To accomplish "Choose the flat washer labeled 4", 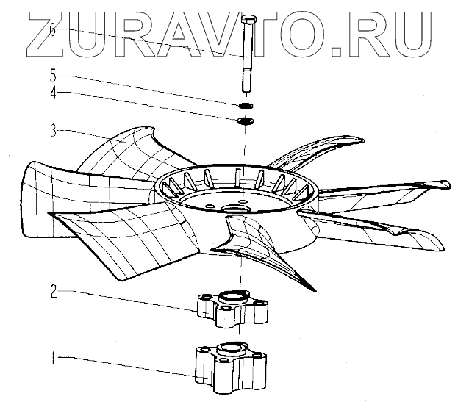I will click(246, 121).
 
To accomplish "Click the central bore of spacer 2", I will click(232, 298).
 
